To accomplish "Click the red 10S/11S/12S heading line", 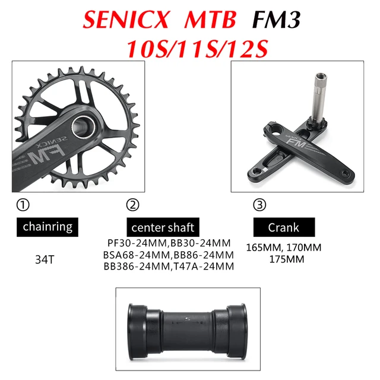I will click(x=190, y=47).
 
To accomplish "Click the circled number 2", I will click(x=132, y=205).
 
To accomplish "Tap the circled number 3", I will click(x=259, y=205).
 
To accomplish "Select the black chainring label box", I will click(x=47, y=226).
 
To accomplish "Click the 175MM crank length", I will click(x=283, y=259).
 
